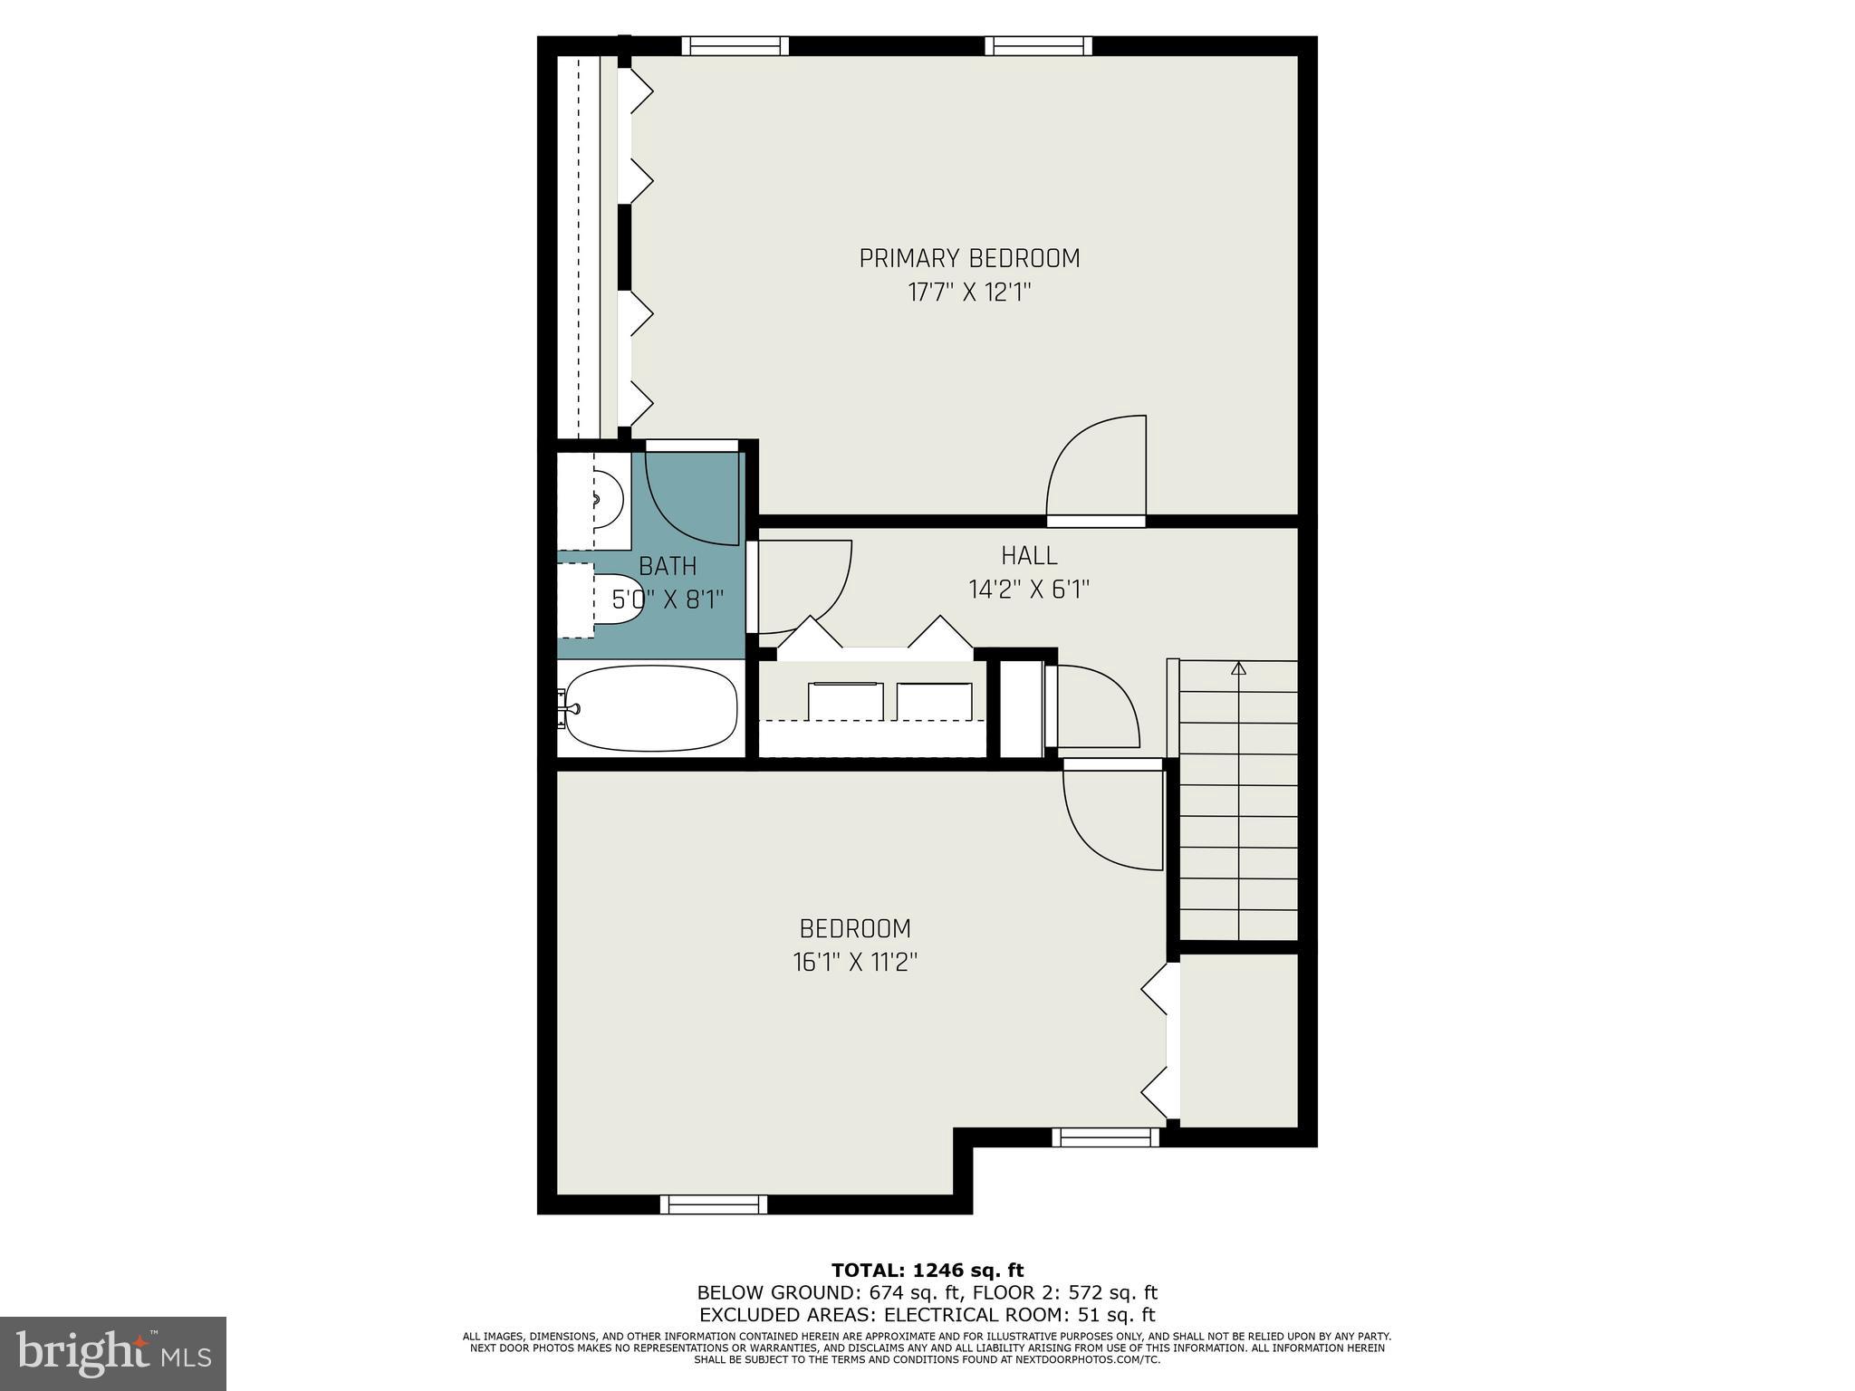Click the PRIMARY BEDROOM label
pos(969,259)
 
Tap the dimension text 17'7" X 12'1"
pos(969,293)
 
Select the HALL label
pos(1029,555)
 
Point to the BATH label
pos(668,566)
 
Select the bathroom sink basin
pos(606,499)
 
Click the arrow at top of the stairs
pos(1238,669)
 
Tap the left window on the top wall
pos(735,46)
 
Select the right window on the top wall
pos(1038,46)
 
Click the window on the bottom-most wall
pos(713,1204)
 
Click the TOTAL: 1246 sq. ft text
pos(927,1271)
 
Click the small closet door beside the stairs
pos(1093,707)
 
